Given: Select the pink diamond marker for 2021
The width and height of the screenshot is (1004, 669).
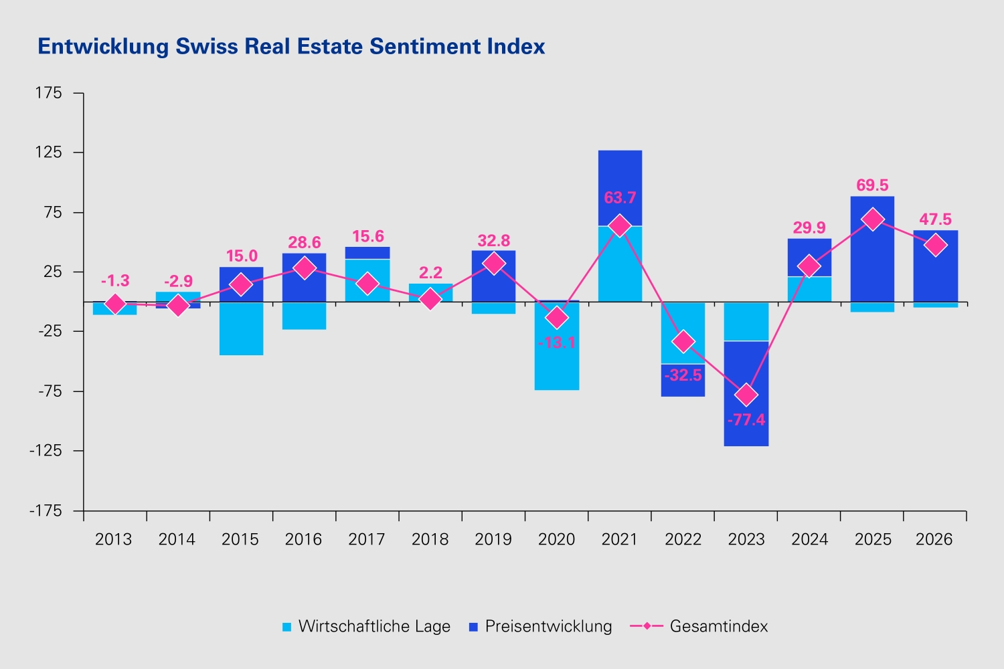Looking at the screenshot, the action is (x=619, y=225).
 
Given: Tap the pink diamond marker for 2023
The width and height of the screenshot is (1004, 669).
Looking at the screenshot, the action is (x=746, y=395).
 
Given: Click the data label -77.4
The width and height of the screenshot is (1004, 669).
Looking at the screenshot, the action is (x=746, y=420).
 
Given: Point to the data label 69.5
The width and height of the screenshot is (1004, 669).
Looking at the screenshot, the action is (x=872, y=185).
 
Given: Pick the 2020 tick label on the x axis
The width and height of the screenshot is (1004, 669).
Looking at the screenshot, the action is (x=556, y=539).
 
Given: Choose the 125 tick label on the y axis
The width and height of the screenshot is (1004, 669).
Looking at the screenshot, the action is (x=48, y=153).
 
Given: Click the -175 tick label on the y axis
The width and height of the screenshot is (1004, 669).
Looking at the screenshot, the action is (x=46, y=510).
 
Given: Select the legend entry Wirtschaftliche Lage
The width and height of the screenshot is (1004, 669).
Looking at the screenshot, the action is (x=366, y=626).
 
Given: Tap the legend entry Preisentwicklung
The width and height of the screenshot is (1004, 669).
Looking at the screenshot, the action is (x=540, y=626).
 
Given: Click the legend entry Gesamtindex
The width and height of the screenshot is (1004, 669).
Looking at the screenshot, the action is (x=699, y=626).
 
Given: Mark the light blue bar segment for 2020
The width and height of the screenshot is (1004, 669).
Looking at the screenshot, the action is (x=557, y=346).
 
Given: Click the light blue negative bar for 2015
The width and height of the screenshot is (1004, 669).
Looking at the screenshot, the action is (x=241, y=328).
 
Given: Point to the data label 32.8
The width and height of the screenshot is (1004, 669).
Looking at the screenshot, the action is (x=493, y=241).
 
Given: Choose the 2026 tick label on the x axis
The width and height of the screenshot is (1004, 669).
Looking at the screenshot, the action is (x=934, y=539).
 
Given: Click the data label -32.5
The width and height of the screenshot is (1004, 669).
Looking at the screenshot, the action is (x=683, y=375).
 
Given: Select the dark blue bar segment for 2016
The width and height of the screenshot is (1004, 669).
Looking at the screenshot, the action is (x=305, y=278).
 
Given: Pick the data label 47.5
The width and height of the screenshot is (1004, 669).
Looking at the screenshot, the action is (x=936, y=219).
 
